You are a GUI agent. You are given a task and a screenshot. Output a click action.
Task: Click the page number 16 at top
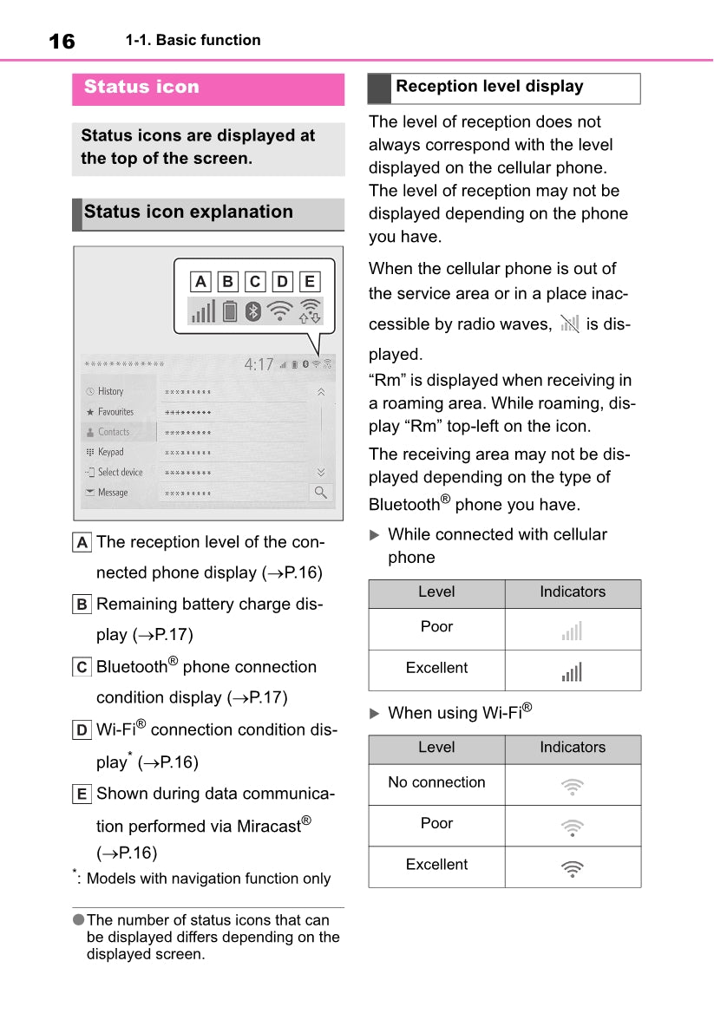coord(62,41)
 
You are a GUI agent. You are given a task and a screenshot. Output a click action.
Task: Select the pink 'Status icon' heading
coord(141,87)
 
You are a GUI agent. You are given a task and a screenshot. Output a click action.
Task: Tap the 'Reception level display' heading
coord(489,87)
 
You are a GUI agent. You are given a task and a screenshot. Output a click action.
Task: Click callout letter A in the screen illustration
coord(200,281)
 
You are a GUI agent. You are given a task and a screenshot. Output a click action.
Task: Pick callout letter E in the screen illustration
coord(309,281)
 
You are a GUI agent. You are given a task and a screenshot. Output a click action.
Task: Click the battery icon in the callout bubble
coord(229,311)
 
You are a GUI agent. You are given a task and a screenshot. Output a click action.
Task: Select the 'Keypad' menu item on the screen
coord(110,452)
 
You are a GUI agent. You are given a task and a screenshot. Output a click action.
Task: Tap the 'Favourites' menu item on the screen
coord(115,412)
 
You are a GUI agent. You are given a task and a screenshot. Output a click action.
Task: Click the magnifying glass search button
coord(321,493)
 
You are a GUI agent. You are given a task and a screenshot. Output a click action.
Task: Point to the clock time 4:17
coord(259,365)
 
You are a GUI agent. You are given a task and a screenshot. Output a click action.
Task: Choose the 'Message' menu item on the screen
coord(112,493)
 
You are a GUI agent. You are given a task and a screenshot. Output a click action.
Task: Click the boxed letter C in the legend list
coord(82,667)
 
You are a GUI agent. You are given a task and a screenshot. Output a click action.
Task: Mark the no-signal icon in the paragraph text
coord(569,324)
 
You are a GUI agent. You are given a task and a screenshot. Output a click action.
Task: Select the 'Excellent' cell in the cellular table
coord(436,668)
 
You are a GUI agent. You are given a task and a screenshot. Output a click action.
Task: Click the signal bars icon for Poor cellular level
coord(572,631)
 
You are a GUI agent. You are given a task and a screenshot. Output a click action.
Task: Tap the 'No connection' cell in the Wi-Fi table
coord(436,782)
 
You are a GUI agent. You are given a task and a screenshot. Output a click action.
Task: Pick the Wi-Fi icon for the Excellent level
coord(572,867)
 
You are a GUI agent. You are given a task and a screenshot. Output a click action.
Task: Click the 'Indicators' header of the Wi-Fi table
coord(573,748)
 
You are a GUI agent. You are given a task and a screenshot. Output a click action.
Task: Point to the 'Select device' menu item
coord(120,472)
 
